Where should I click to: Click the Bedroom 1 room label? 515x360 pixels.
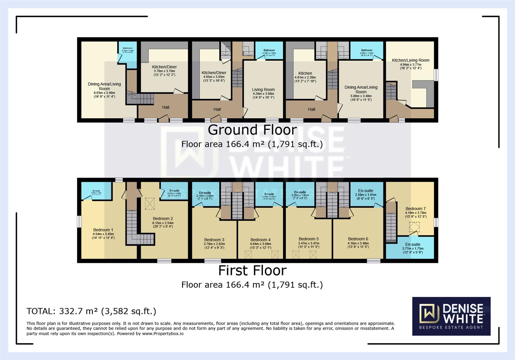click(x=103, y=230)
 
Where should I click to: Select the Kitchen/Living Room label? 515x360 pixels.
click(x=411, y=60)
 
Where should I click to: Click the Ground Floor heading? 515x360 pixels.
click(x=252, y=130)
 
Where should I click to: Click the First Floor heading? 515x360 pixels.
click(x=252, y=271)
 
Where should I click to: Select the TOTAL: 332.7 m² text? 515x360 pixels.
click(x=91, y=311)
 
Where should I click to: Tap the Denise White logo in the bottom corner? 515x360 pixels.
click(x=451, y=316)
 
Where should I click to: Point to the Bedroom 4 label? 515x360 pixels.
click(x=261, y=240)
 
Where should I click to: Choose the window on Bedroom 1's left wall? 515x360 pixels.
click(x=79, y=222)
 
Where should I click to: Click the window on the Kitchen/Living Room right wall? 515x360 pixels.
click(x=436, y=75)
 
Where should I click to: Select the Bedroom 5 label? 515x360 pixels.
click(x=309, y=239)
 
